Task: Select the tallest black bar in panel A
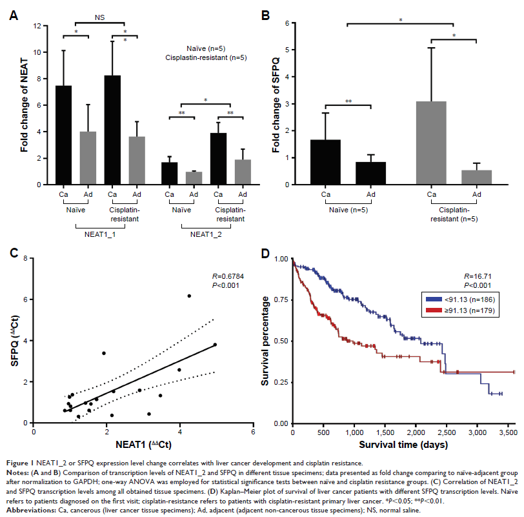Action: (x=112, y=130)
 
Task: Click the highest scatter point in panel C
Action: (x=189, y=296)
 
